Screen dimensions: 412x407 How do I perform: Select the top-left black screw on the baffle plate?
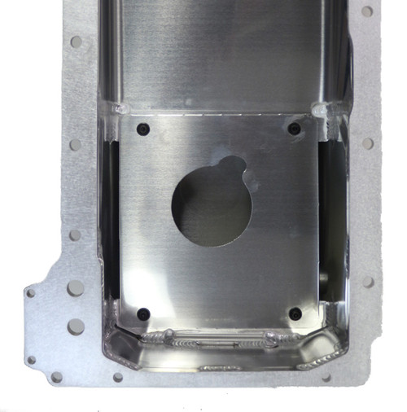[144, 129]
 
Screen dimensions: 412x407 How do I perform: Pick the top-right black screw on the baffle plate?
[294, 129]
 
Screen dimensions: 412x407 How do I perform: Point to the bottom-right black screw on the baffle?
[295, 313]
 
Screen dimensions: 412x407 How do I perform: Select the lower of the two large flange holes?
[76, 327]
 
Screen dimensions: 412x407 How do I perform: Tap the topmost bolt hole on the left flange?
[76, 41]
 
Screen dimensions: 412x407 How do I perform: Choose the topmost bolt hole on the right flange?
[367, 11]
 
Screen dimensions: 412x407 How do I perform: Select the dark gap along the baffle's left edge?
[115, 220]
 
